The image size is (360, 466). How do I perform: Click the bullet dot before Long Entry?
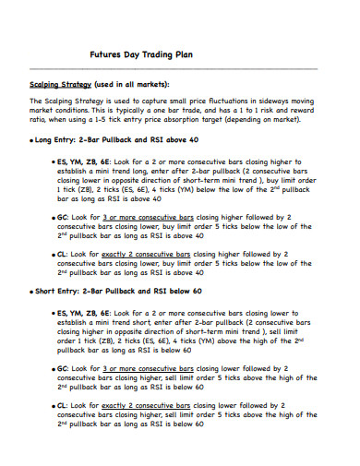tap(31, 141)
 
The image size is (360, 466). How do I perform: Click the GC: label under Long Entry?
tap(64, 219)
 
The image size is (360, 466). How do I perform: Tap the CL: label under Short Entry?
tap(63, 405)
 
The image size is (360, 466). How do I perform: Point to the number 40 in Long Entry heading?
tap(193, 140)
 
